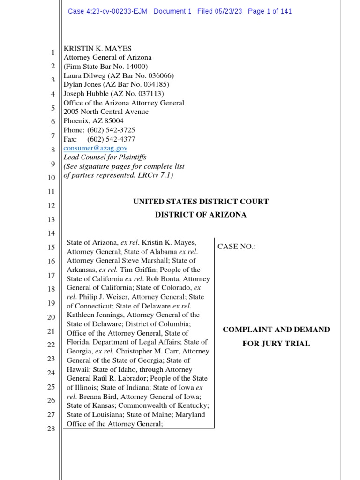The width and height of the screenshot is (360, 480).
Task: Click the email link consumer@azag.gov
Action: (95, 148)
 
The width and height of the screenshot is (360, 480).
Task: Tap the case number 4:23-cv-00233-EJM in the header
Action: (107, 11)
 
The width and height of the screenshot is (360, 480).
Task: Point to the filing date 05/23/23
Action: (227, 11)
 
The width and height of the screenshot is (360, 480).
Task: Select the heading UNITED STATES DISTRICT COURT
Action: (201, 202)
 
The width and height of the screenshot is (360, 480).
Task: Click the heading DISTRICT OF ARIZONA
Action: (201, 215)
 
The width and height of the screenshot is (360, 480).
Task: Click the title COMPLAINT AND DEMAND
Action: (276, 330)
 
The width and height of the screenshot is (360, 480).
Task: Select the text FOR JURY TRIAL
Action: (276, 344)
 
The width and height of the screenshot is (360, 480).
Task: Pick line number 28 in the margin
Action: (51, 429)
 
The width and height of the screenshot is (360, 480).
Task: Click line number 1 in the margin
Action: (53, 52)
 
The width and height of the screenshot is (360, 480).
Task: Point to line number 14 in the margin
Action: (51, 233)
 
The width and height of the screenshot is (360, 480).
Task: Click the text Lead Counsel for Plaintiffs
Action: (105, 157)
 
